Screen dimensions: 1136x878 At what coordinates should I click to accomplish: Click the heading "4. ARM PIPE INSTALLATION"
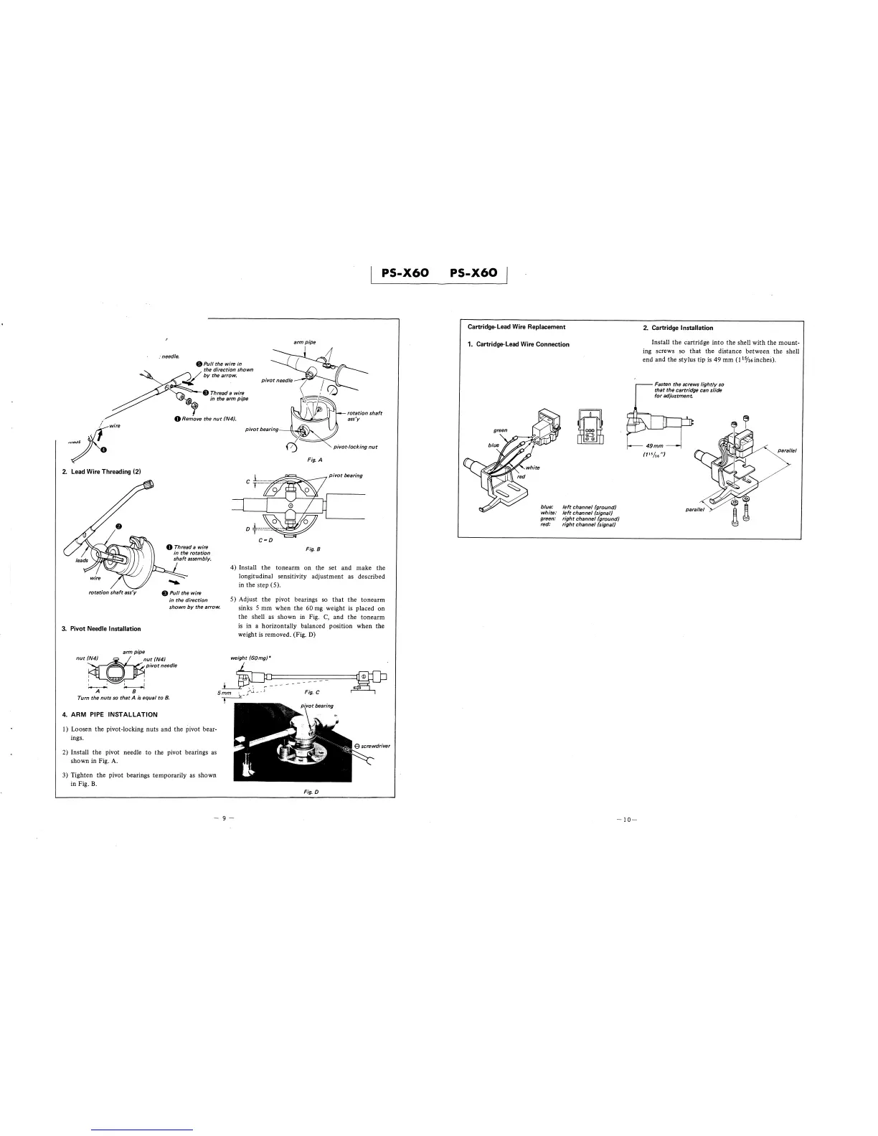click(x=110, y=714)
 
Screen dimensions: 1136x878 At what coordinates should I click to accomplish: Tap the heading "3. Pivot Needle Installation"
click(x=101, y=629)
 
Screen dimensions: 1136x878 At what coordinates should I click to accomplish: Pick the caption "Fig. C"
click(x=311, y=691)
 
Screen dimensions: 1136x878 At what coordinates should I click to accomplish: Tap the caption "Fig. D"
click(x=311, y=791)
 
